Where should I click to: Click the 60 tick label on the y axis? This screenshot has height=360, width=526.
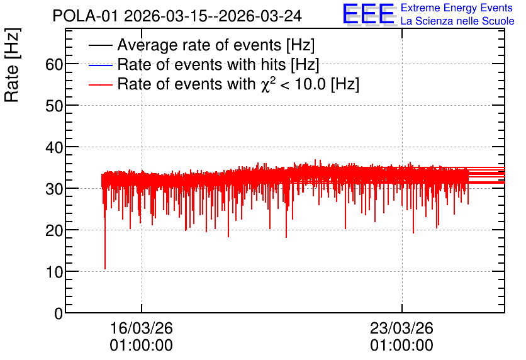[x=54, y=64]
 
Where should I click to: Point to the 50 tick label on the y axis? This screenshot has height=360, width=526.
[x=54, y=106]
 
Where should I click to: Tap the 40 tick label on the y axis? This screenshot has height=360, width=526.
[x=54, y=147]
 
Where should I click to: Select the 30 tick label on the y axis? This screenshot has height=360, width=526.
[x=54, y=189]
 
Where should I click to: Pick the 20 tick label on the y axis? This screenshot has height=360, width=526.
[x=54, y=230]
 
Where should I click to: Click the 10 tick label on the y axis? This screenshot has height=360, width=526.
[x=54, y=272]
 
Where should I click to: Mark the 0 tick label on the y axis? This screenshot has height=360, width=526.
[x=59, y=313]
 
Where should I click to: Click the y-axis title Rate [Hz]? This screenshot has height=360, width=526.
[x=12, y=65]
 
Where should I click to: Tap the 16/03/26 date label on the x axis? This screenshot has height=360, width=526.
[x=141, y=328]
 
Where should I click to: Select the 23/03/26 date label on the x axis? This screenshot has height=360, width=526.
[x=401, y=328]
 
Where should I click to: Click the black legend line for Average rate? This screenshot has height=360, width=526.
[x=100, y=45]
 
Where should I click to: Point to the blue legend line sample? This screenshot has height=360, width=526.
[x=100, y=65]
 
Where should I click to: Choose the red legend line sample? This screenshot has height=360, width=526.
[x=100, y=85]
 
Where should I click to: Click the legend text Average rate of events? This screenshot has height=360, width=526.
[x=199, y=45]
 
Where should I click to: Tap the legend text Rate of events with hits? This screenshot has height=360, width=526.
[x=201, y=64]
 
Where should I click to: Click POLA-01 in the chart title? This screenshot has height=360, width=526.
[x=86, y=16]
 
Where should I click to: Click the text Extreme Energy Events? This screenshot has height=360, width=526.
[x=457, y=8]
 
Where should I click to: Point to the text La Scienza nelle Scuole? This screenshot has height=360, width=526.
[x=457, y=21]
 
